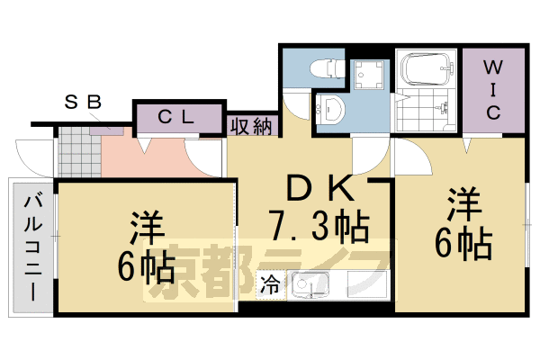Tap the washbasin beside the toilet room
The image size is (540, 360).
tap(331, 110)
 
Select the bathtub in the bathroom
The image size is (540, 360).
tap(427, 68)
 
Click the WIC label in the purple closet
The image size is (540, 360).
tap(494, 89)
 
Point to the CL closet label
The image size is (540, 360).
tap(177, 117)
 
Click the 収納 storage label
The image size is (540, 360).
tap(250, 126)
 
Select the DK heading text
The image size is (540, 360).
tap(318, 188)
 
